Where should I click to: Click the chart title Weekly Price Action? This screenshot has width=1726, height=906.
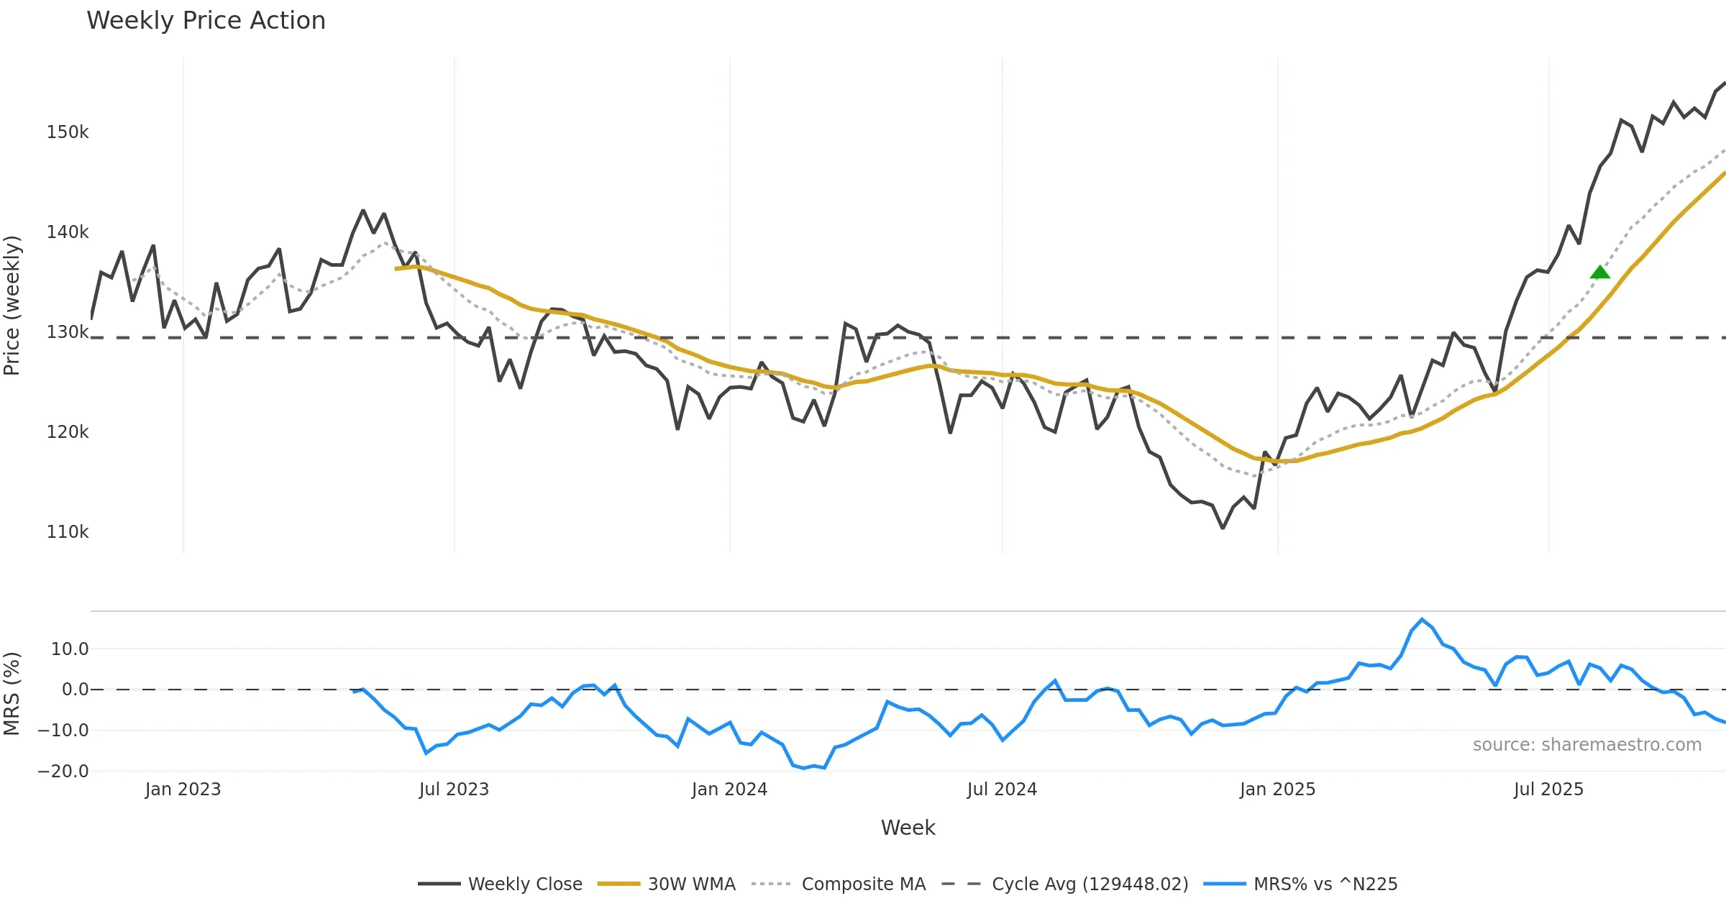point(206,20)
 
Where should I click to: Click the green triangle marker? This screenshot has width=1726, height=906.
point(1599,272)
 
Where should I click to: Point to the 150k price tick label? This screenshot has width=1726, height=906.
point(68,132)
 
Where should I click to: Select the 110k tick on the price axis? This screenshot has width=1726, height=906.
point(68,532)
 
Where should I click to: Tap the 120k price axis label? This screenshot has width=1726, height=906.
point(68,432)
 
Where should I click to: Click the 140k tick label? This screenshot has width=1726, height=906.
point(68,232)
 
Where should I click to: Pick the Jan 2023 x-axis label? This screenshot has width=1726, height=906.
point(183,790)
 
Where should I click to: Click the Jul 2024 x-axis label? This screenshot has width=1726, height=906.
point(1002,790)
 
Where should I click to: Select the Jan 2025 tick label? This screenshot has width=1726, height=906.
point(1277,790)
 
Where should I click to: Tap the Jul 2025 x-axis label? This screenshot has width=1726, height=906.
point(1548,790)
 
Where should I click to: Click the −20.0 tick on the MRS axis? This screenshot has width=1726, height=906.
point(63,772)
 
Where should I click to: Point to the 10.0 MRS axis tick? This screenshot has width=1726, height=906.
point(70,649)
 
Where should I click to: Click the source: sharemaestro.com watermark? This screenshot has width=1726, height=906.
point(1586,745)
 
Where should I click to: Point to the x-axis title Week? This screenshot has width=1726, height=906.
point(908,828)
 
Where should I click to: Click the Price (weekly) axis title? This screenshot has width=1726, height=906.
point(12,306)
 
